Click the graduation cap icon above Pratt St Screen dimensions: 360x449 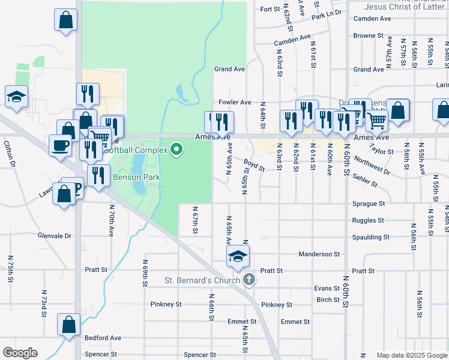238,257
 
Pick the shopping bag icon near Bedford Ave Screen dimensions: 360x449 69,325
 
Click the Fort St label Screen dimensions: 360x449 271,9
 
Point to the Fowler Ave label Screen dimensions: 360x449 234,103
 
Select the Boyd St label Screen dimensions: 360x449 255,164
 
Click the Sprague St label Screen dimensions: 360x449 368,204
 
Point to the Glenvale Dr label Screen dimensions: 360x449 54,236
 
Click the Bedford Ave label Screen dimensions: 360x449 103,338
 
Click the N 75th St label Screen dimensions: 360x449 11,268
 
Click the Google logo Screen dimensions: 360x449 20,353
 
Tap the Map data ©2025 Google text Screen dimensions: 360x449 411,355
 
